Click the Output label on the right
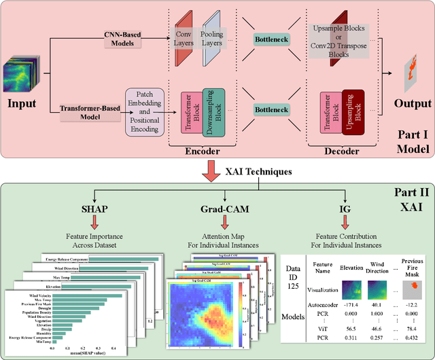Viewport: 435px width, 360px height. click(412, 104)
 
